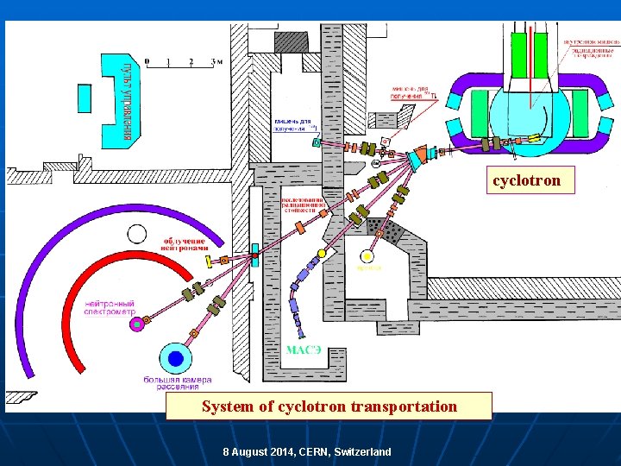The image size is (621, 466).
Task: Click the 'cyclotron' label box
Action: [x=526, y=180]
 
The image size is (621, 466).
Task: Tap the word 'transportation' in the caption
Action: [x=404, y=406]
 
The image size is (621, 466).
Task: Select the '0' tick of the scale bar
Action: [x=147, y=61]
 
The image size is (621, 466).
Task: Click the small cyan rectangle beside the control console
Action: [x=85, y=98]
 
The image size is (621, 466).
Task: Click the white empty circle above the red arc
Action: [x=136, y=233]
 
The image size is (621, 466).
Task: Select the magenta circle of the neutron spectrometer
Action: [x=135, y=324]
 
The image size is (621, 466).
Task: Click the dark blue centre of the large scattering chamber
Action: [x=176, y=357]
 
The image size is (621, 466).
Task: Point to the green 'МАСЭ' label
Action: [x=304, y=349]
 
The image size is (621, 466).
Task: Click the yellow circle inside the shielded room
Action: [x=368, y=255]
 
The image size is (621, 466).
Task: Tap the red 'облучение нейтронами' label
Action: [x=185, y=242]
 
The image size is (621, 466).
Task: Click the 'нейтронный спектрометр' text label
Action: [x=111, y=308]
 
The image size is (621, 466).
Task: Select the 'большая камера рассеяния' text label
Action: [x=178, y=383]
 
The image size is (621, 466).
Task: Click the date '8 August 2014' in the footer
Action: [x=258, y=452]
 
